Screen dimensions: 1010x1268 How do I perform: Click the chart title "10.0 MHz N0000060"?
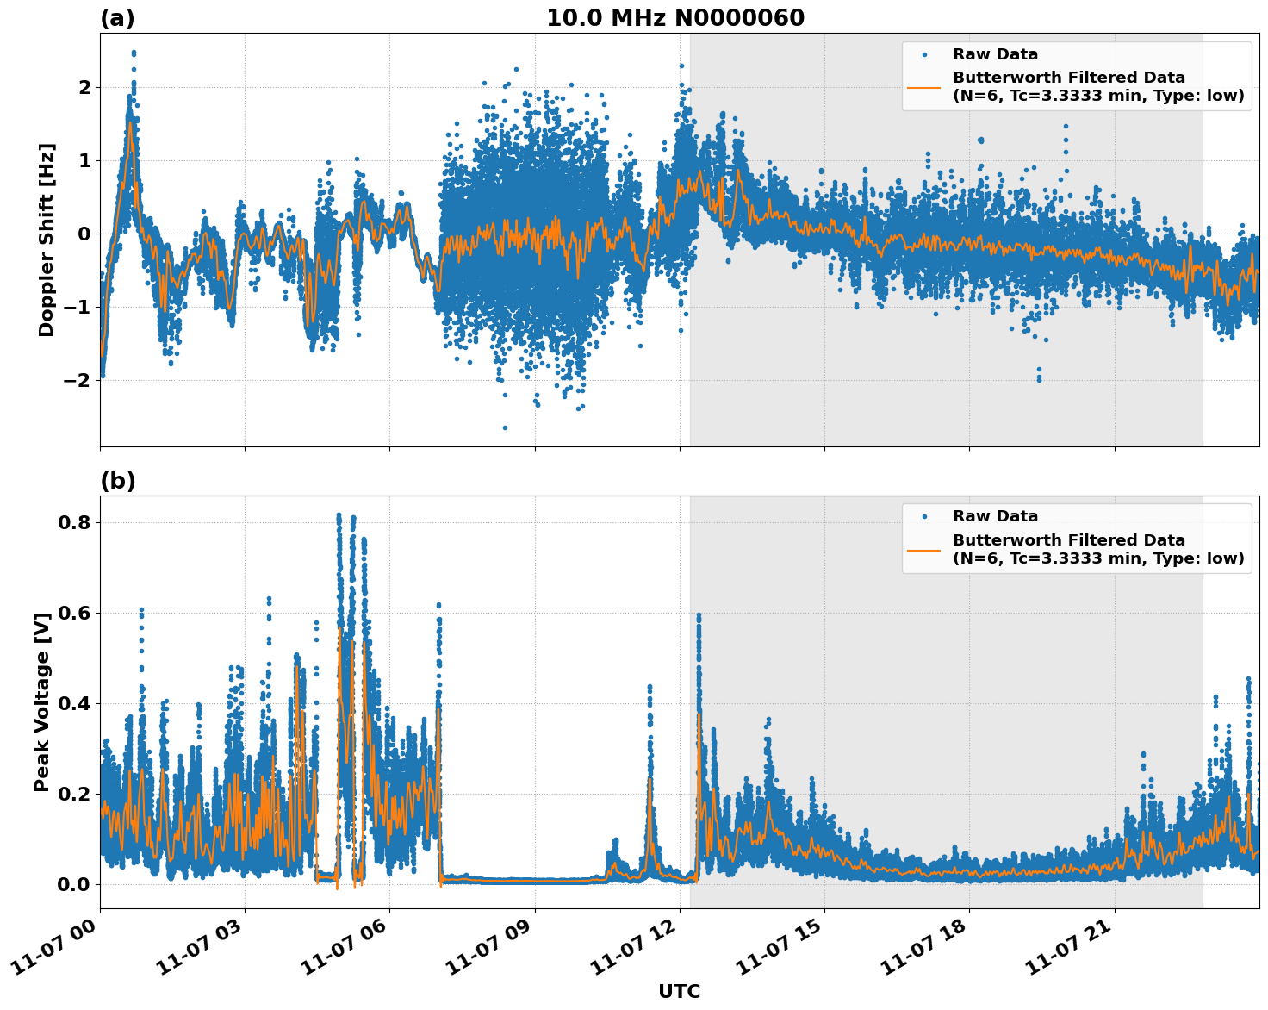coord(675,18)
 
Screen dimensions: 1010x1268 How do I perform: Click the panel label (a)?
coord(117,18)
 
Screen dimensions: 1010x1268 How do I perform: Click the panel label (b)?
coord(117,481)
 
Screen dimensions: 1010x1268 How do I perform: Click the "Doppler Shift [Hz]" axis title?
coord(47,240)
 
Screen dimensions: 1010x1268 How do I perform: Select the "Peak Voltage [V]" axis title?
coord(42,701)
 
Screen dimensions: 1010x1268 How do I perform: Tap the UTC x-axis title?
coord(679,991)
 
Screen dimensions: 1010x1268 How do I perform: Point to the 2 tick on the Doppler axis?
coord(84,88)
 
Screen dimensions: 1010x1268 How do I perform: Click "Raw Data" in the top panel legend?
coord(995,54)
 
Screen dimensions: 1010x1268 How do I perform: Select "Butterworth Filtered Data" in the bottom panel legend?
coord(1068,540)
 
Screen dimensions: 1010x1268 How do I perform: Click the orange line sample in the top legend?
coord(923,87)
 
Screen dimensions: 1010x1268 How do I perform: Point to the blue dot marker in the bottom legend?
coord(923,516)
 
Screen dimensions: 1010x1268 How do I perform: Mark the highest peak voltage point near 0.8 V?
coord(339,515)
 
